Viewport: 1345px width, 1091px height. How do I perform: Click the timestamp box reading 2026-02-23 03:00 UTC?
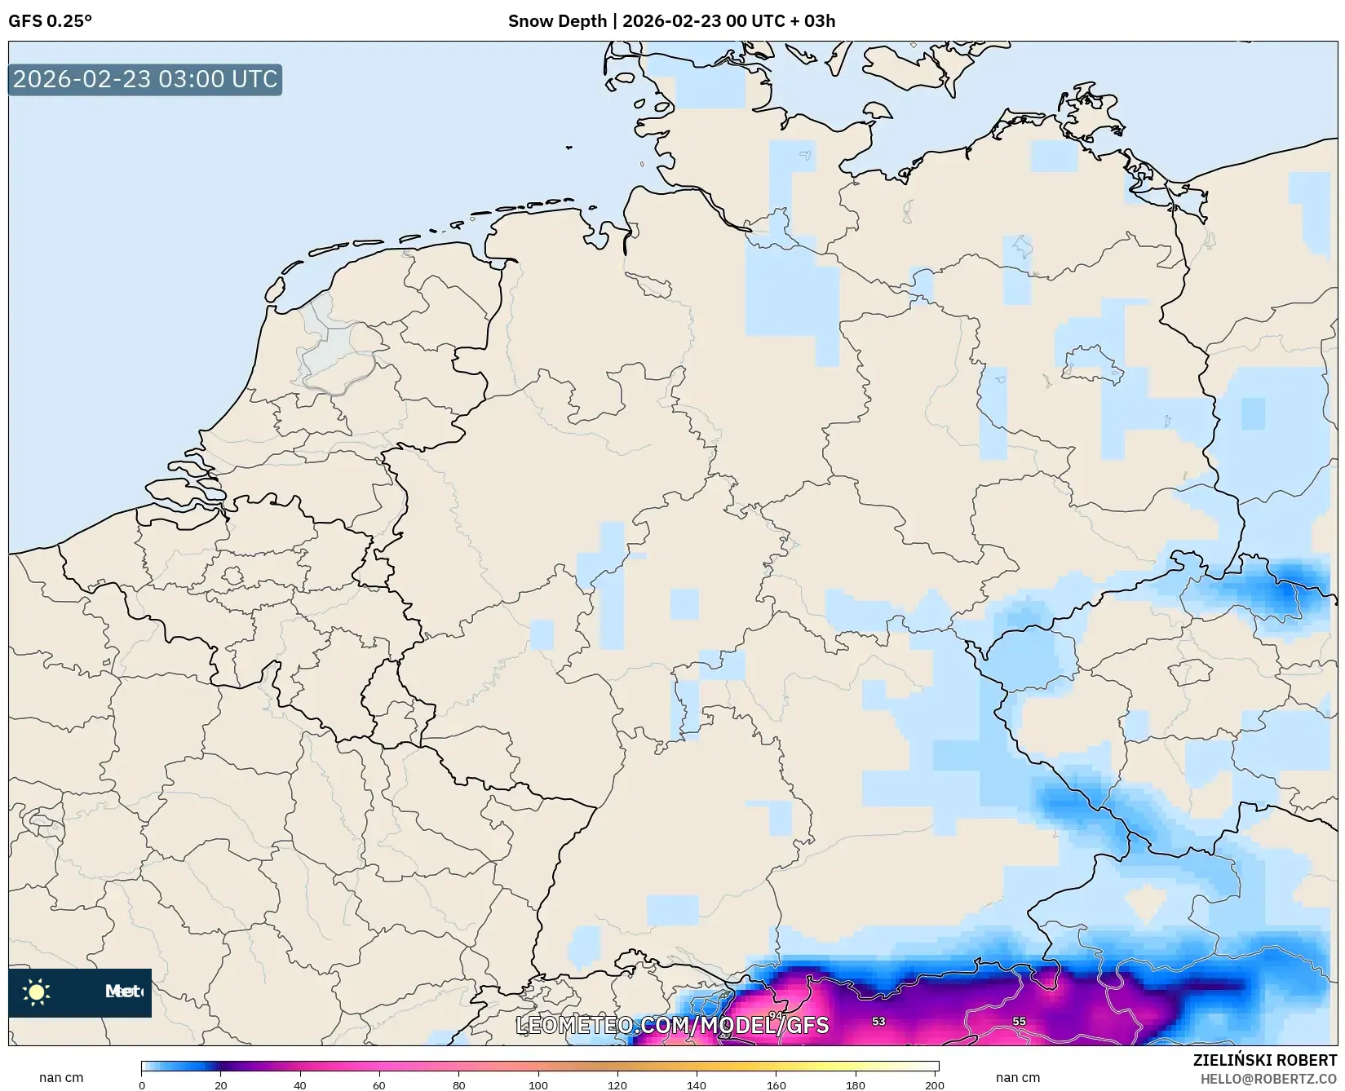145,80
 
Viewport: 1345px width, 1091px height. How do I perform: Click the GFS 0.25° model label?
50,21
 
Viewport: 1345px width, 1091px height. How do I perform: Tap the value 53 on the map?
878,1021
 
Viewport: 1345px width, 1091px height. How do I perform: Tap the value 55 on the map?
1019,1021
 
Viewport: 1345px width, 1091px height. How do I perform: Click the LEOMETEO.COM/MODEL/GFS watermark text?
673,1025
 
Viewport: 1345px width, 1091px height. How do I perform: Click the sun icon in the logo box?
37,992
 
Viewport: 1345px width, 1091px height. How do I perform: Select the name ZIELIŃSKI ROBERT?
1265,1061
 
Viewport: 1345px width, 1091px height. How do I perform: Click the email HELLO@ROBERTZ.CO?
1268,1079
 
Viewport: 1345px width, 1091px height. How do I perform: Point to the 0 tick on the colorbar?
142,1084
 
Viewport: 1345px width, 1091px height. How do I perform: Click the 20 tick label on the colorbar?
221,1084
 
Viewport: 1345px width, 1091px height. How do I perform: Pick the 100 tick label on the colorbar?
538,1084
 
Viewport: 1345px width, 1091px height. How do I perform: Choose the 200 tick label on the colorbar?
935,1084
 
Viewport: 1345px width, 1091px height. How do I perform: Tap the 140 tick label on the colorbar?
697,1084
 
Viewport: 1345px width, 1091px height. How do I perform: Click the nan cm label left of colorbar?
61,1077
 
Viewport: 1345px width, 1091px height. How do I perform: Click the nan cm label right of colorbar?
1017,1077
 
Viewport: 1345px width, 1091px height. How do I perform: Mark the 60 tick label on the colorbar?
379,1084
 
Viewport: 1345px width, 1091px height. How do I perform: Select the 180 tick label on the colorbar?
856,1084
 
